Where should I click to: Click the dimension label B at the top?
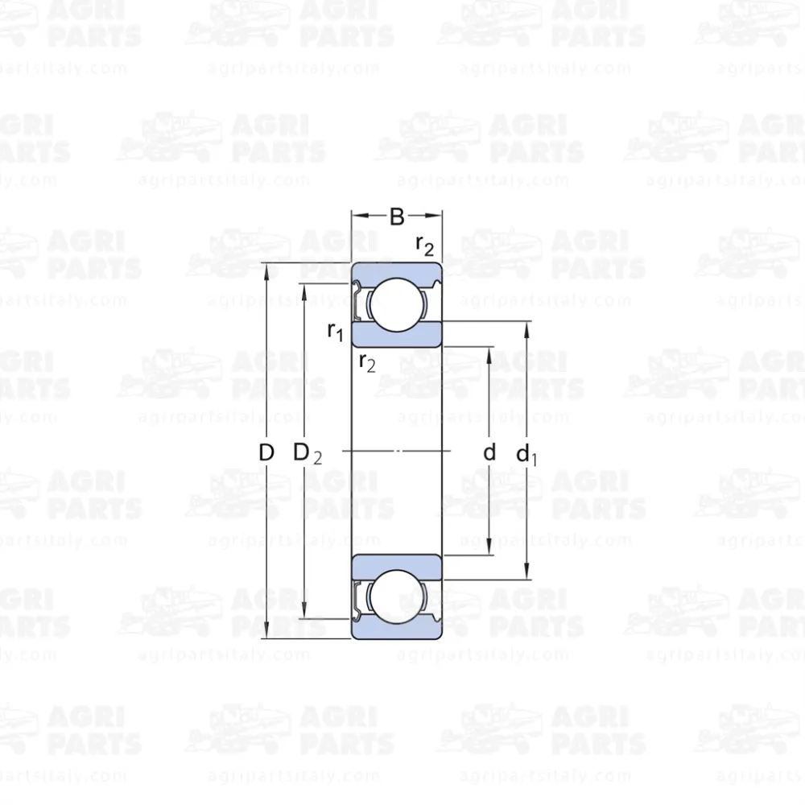point(397,217)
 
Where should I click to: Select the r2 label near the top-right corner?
point(424,246)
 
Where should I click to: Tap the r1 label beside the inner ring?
point(335,331)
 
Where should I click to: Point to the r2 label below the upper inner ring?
point(367,362)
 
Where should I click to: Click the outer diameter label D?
point(266,452)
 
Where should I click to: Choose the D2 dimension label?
point(308,453)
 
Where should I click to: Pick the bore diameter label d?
point(489,452)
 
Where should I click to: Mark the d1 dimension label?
point(526,454)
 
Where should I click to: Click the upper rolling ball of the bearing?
point(397,305)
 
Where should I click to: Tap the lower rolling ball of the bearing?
point(397,597)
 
